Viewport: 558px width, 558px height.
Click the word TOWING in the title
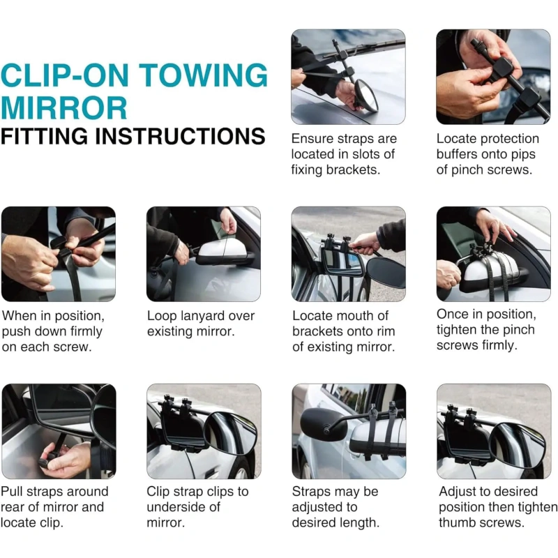pos(203,75)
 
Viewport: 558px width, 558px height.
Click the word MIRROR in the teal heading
pos(64,108)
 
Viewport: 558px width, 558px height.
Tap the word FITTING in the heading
pos(44,136)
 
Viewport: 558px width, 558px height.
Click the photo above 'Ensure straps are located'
pos(348,77)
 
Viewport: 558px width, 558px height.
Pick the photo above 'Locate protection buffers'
pos(493,77)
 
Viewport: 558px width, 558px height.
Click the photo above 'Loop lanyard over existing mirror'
pos(204,254)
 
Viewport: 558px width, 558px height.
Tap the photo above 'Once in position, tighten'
pos(494,254)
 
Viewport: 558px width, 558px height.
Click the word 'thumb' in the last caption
pos(458,522)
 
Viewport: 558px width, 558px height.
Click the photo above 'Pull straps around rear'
pos(59,431)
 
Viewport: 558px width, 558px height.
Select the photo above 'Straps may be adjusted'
pos(349,431)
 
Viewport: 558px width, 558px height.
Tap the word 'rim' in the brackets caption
pos(386,331)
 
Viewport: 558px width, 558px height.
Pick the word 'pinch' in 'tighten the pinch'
pos(518,330)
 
